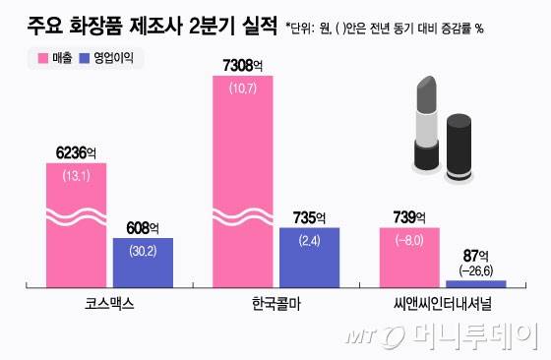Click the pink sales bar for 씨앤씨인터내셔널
pos(409,257)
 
